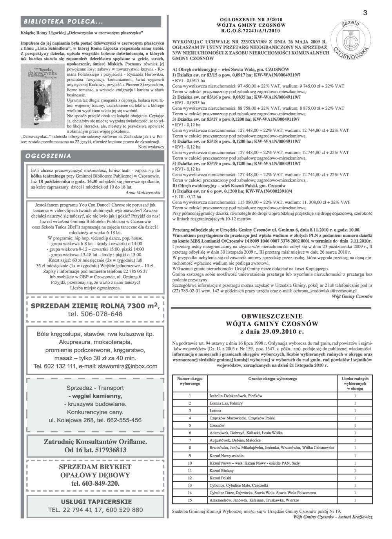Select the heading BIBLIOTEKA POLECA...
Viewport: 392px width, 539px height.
pyautogui.click(x=63, y=21)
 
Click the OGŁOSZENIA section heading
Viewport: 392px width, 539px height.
pyautogui.click(x=48, y=156)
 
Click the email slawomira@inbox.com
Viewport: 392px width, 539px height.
pyautogui.click(x=125, y=366)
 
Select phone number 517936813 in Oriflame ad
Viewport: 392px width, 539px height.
pyautogui.click(x=107, y=450)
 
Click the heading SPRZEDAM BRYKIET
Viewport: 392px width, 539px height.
pyautogui.click(x=95, y=467)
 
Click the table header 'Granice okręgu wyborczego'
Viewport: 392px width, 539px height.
pyautogui.click(x=272, y=379)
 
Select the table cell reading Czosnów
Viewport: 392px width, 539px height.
pyautogui.click(x=217, y=425)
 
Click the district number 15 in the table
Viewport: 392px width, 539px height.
pyautogui.click(x=190, y=500)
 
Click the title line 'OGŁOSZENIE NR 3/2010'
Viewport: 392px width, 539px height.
pyautogui.click(x=251, y=19)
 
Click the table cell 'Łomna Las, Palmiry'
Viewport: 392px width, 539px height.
pyautogui.click(x=226, y=403)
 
